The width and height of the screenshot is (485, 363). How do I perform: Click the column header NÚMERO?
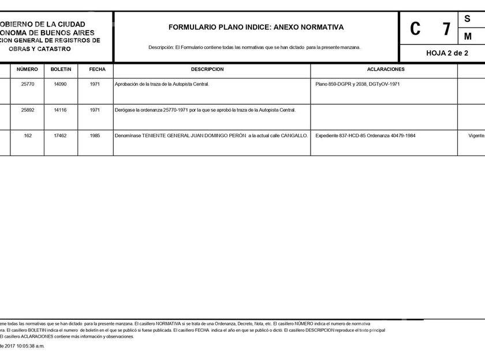(27, 69)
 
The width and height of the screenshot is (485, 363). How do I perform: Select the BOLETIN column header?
(61, 69)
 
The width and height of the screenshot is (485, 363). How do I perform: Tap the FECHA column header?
(97, 69)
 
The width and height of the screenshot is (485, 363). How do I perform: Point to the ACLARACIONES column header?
(386, 69)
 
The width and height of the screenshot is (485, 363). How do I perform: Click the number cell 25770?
(28, 84)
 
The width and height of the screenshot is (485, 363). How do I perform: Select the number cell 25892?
(28, 110)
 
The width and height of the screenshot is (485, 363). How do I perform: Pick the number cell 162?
(28, 135)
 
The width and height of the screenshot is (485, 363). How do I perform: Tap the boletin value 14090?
(61, 84)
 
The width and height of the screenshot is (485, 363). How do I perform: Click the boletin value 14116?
(61, 110)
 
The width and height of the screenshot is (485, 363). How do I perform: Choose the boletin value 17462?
(61, 135)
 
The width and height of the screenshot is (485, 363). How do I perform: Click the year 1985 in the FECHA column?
(96, 135)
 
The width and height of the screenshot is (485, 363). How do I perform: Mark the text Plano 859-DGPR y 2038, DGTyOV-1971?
(357, 84)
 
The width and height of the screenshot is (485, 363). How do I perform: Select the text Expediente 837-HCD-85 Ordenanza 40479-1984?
(365, 135)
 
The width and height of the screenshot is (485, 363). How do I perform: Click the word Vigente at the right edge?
(476, 135)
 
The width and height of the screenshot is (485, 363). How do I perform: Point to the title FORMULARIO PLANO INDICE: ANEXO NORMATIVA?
(256, 27)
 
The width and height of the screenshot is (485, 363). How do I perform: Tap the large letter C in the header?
(415, 29)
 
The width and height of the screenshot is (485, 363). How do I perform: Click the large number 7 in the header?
(445, 29)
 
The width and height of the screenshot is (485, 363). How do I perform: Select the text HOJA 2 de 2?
(447, 52)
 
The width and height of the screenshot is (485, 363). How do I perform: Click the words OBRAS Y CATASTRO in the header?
(40, 49)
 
